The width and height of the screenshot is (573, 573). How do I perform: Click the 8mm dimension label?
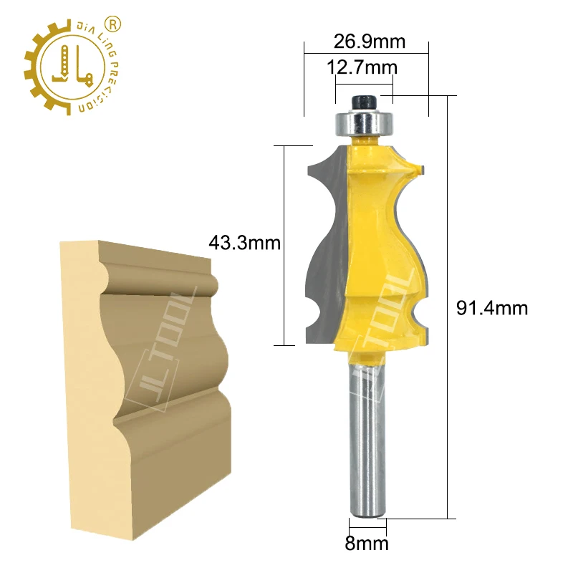[x=367, y=543]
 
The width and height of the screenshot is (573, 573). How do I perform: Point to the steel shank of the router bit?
[x=367, y=437]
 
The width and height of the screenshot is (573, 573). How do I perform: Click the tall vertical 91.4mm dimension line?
[x=449, y=308]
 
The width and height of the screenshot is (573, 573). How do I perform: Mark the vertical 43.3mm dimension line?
[x=285, y=244]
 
